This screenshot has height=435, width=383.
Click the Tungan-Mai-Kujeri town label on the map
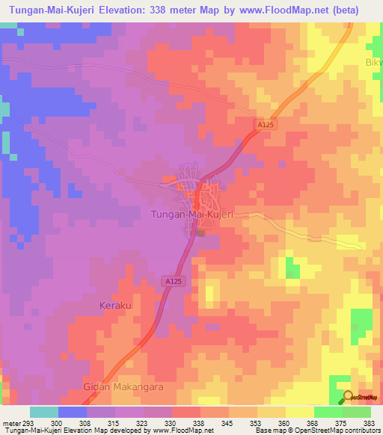click(193, 215)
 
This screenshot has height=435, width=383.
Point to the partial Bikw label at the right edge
click(373, 61)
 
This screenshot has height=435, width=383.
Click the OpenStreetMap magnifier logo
click(348, 396)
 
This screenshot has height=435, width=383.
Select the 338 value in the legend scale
click(201, 423)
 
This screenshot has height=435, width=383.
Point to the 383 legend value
click(370, 423)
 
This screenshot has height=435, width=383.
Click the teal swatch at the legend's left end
click(43, 412)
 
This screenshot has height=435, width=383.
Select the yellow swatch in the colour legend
click(299, 412)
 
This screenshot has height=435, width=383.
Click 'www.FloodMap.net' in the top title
click(282, 10)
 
